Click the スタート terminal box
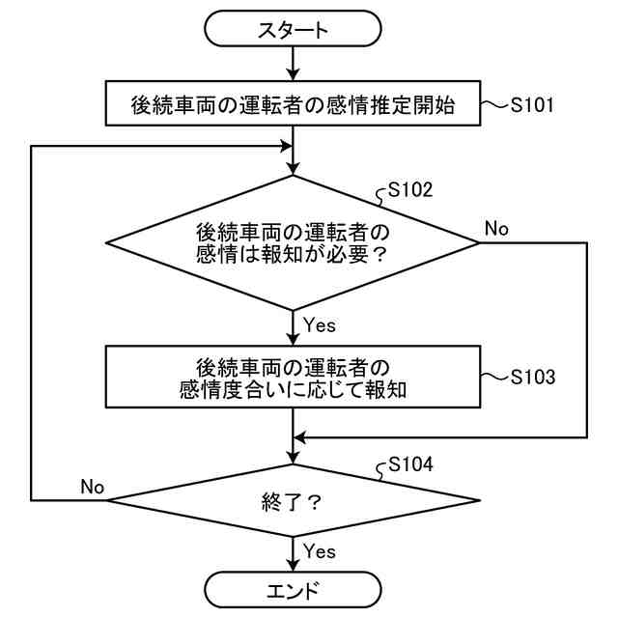coord(293,28)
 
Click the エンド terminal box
coord(293,590)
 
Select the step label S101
coord(532,105)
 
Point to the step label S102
coord(410,189)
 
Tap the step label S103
coord(533,377)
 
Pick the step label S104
coord(410,464)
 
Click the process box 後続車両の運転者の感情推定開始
coord(293,103)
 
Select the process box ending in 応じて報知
coord(293,377)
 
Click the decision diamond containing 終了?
coord(293,500)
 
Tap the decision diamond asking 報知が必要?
coord(293,242)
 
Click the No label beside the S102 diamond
coord(496,229)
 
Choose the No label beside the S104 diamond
coord(93,487)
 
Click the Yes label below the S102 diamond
coord(320,325)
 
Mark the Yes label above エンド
coord(320,551)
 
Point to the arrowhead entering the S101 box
coord(293,73)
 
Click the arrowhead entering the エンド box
coord(293,564)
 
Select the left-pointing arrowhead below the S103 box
coord(300,437)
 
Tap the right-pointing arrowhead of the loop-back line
coord(286,147)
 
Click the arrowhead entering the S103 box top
coord(293,339)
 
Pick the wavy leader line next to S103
coord(494,377)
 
